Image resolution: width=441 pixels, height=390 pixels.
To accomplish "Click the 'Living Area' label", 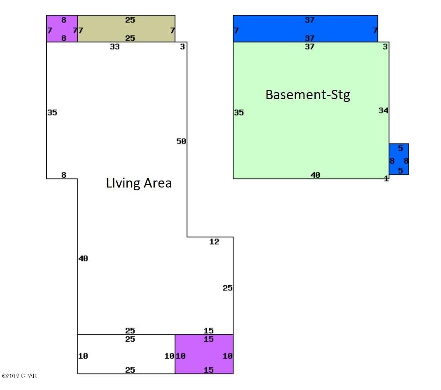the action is [138, 183].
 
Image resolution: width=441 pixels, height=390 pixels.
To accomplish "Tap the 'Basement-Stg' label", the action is [308, 95].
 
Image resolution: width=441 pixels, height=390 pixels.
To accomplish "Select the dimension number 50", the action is [181, 141].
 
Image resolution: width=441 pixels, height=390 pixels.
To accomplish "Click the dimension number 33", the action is [115, 46].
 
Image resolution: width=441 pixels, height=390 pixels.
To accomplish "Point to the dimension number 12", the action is [214, 242].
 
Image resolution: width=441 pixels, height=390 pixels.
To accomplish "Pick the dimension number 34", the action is [383, 110].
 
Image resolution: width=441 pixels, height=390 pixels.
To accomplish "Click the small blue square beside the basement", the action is [399, 159].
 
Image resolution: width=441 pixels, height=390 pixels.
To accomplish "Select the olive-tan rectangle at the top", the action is [126, 29].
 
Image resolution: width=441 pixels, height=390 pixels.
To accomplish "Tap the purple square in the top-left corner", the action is [62, 29].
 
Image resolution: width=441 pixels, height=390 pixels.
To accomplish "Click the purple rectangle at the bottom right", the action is [204, 354].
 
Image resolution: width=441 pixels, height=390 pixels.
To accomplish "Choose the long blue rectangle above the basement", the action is [305, 29].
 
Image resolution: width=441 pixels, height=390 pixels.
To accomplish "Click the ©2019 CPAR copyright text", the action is [19, 376].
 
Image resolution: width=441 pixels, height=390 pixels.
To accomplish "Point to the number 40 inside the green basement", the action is [315, 175].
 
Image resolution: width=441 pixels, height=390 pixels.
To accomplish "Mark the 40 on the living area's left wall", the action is [83, 258].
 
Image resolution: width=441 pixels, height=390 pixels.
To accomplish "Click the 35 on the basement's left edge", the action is [239, 113].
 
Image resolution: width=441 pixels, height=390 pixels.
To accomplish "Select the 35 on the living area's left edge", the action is [52, 113].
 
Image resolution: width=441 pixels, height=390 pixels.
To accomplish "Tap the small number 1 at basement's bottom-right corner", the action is [386, 178].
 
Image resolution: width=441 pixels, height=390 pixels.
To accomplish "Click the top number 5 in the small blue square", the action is [400, 148].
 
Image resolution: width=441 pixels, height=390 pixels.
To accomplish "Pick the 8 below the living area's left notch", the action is [64, 175].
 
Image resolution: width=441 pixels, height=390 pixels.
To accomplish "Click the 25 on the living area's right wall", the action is [228, 288].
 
